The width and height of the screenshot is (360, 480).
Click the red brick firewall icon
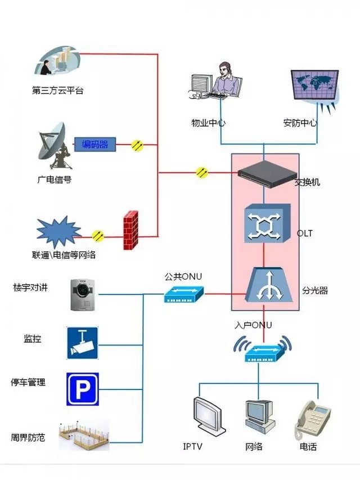(130, 230)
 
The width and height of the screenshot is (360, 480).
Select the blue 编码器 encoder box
(95, 145)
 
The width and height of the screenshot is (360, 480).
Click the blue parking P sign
(83, 389)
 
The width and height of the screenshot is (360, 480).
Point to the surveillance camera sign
(83, 342)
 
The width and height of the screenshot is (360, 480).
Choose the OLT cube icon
(267, 224)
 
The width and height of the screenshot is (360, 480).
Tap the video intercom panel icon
(82, 294)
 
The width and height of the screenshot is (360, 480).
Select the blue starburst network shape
(57, 233)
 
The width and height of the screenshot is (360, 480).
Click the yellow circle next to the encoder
(137, 145)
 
